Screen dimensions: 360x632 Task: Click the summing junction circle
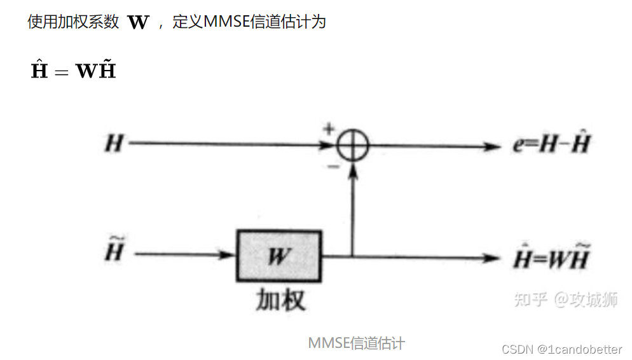pos(352,146)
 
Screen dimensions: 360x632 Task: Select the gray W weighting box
pos(280,256)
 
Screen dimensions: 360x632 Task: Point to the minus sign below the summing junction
pos(332,167)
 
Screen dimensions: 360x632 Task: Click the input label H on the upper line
pos(114,144)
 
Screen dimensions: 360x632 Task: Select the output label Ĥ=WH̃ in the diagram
pos(551,258)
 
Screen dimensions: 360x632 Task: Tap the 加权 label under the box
pos(281,298)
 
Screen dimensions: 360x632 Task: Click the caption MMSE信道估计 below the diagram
pos(356,343)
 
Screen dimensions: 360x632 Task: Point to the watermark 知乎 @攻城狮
pos(565,300)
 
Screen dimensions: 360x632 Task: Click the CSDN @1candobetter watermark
pos(562,349)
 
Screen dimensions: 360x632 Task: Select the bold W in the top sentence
pos(138,23)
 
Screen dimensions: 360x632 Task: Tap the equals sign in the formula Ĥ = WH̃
pos(61,71)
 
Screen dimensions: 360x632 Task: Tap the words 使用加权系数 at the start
pos(73,22)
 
